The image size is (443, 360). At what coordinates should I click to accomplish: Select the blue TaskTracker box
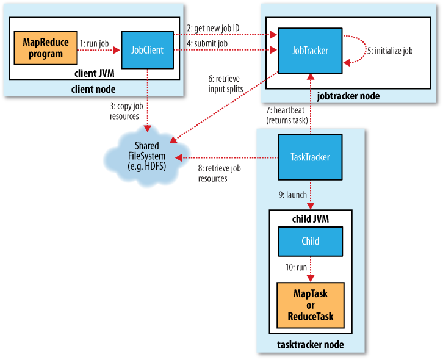click(309, 157)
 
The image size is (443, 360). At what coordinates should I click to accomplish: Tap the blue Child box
click(310, 242)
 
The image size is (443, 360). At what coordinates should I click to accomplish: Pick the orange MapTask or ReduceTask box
click(310, 305)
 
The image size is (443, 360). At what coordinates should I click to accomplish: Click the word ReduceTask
click(310, 317)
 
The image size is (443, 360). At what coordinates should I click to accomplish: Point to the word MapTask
click(310, 293)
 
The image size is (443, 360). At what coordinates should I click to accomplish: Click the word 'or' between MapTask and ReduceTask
click(310, 305)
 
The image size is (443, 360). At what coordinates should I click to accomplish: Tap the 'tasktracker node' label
click(310, 345)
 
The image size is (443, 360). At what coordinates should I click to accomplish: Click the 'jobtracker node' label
click(348, 96)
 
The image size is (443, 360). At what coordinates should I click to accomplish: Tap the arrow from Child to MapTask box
click(310, 268)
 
